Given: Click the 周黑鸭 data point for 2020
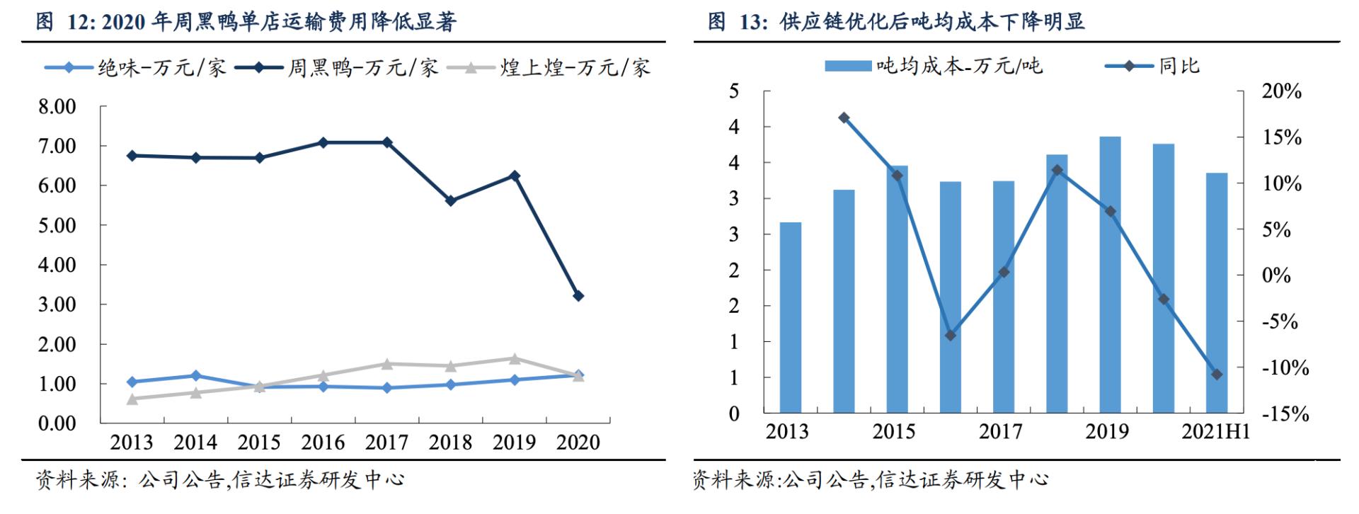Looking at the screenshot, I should click(x=578, y=296).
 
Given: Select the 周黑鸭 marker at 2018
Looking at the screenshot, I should click(x=451, y=201).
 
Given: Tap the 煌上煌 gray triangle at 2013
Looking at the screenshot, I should click(x=132, y=399).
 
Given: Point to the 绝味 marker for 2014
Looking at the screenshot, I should click(x=196, y=375).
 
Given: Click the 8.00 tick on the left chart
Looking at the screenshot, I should click(x=57, y=107).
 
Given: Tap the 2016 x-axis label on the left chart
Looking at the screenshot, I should click(x=323, y=442).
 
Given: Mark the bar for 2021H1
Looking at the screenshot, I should click(x=1217, y=292).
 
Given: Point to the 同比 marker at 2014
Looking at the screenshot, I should click(x=844, y=118).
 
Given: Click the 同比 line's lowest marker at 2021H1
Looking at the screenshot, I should click(x=1217, y=374).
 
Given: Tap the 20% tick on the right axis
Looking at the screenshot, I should click(x=1282, y=91).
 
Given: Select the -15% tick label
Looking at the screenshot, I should click(x=1285, y=414).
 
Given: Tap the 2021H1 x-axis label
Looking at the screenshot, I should click(x=1215, y=431).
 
